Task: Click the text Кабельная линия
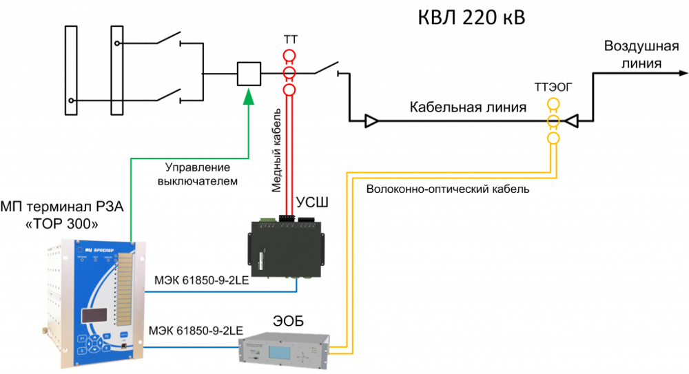[468, 108]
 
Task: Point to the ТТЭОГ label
[553, 87]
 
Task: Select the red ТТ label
[289, 41]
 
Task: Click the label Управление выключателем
[197, 175]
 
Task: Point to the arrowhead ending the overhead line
[681, 73]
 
